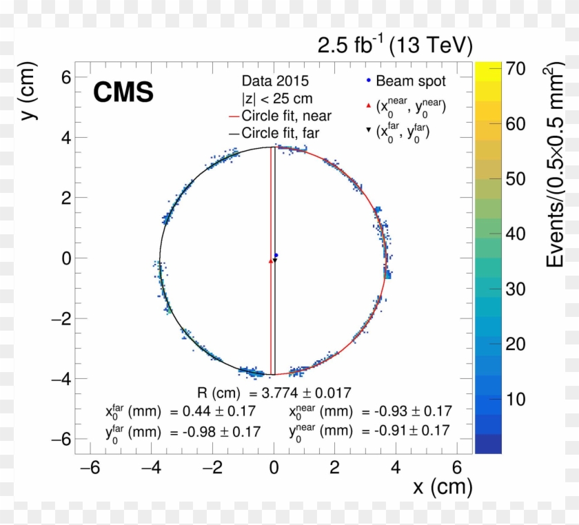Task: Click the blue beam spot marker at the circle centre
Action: [276, 255]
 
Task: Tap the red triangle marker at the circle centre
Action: [270, 261]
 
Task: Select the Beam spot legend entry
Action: [405, 81]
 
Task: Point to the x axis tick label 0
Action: [274, 469]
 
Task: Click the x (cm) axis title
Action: [443, 488]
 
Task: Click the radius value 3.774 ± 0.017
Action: [300, 393]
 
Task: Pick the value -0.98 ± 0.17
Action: [222, 431]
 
